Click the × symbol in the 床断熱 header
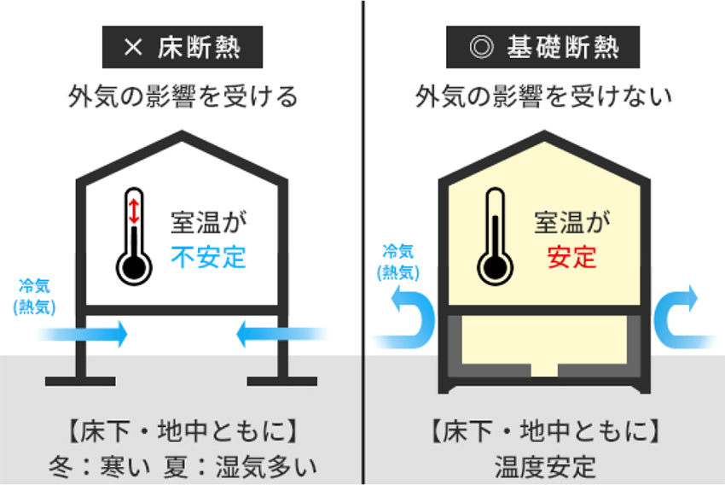[x=133, y=47]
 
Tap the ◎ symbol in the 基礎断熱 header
[x=481, y=47]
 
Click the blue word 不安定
[x=208, y=257]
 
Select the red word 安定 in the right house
[x=572, y=257]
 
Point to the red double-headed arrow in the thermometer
[x=134, y=211]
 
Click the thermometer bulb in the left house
[x=134, y=267]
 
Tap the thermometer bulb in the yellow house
[x=496, y=267]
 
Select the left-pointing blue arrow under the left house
[x=282, y=334]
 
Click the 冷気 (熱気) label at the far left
[x=35, y=296]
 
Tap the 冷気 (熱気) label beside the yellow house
[x=398, y=262]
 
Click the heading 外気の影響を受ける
[x=183, y=96]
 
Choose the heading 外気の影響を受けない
[x=543, y=96]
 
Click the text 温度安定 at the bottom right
[x=545, y=466]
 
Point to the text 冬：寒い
[x=100, y=466]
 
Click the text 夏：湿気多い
[x=241, y=466]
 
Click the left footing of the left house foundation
[x=80, y=382]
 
